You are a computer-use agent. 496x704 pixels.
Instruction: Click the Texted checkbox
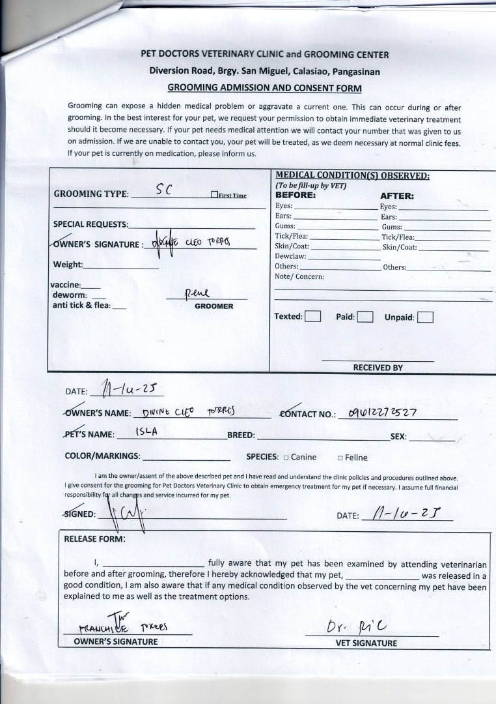313,317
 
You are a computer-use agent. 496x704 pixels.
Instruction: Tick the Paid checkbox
365,317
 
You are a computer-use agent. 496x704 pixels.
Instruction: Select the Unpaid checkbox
425,317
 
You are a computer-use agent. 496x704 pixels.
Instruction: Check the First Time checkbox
214,195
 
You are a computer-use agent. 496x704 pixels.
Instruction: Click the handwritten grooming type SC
164,190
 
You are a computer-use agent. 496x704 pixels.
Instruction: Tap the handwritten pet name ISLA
146,432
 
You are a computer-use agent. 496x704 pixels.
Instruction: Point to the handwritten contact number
382,412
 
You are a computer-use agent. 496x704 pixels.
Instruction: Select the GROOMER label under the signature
214,306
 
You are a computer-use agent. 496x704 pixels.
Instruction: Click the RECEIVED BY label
378,368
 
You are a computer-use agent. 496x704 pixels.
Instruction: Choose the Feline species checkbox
340,458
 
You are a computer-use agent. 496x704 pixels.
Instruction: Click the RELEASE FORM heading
94,539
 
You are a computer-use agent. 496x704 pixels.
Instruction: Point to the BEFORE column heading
295,195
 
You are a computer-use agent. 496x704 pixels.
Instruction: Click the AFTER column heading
396,196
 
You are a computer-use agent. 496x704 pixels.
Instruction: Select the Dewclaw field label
290,256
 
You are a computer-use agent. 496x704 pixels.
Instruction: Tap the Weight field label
68,265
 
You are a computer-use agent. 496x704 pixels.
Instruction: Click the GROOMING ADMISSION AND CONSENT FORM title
264,88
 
